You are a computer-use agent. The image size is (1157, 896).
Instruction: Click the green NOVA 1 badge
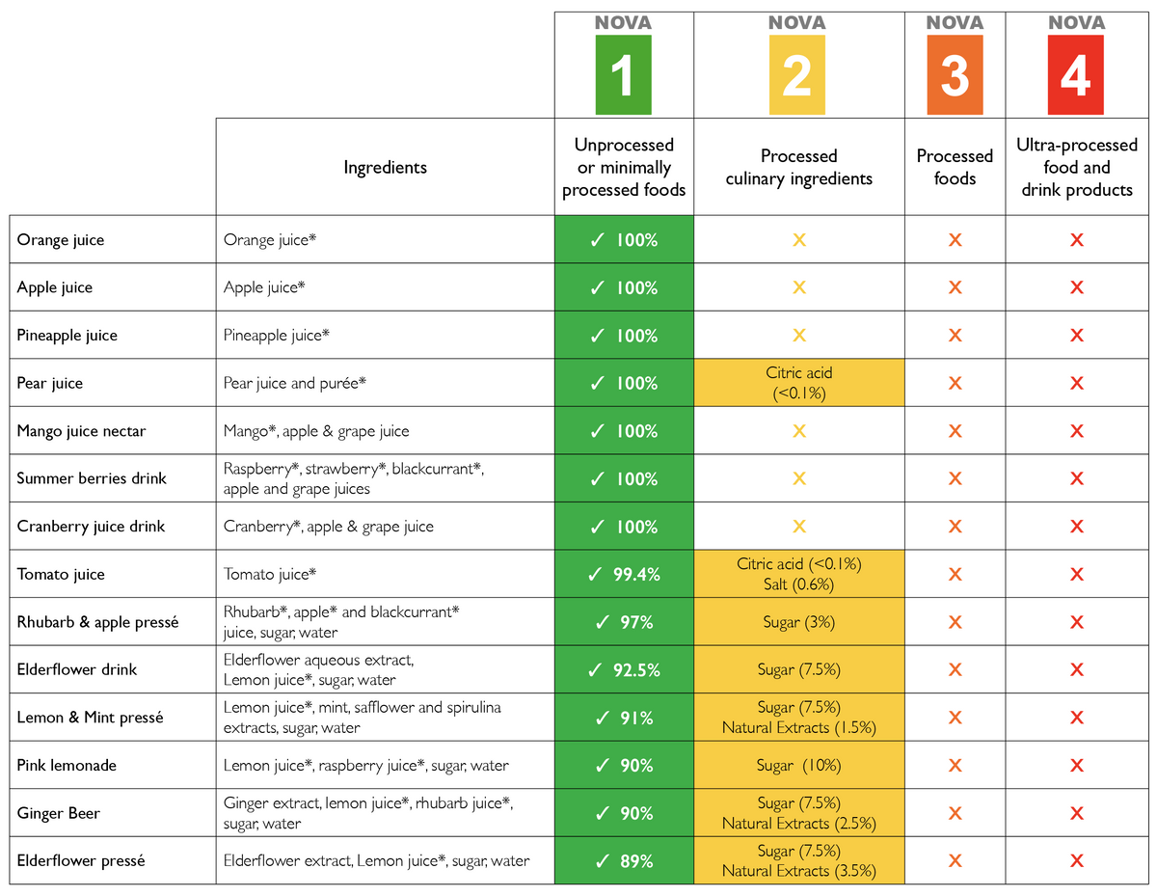pos(623,74)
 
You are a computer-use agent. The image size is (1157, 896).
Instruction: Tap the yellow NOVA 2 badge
pos(796,74)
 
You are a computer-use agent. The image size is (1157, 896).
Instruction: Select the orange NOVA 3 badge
pos(955,74)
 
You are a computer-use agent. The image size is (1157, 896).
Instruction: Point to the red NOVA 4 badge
pos(1076,74)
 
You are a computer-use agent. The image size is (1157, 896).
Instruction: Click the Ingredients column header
pos(385,168)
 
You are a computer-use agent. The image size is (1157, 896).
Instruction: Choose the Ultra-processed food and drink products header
pos(1077,168)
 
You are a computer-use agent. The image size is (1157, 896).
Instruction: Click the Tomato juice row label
pos(61,575)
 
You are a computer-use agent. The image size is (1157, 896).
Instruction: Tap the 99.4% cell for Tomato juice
pos(624,575)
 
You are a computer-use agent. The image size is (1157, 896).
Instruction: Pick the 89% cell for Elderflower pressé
pos(624,861)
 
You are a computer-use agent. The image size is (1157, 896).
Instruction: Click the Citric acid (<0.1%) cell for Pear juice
pos(798,383)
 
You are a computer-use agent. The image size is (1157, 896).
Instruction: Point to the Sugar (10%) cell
pos(798,766)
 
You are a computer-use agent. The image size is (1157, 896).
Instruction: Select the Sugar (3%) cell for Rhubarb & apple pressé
pos(798,622)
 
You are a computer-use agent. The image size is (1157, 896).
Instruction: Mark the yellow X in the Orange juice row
pos(798,240)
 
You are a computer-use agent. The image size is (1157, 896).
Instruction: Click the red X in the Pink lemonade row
pos(1077,766)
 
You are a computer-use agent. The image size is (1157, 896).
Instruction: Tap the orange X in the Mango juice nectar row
pos(955,431)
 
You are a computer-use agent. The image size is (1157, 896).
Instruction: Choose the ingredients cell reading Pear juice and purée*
pos(295,384)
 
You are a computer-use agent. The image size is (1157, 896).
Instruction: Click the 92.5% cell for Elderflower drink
pos(624,670)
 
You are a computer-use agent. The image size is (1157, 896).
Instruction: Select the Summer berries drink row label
pos(92,478)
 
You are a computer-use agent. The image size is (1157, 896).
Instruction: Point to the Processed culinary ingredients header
pos(798,168)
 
